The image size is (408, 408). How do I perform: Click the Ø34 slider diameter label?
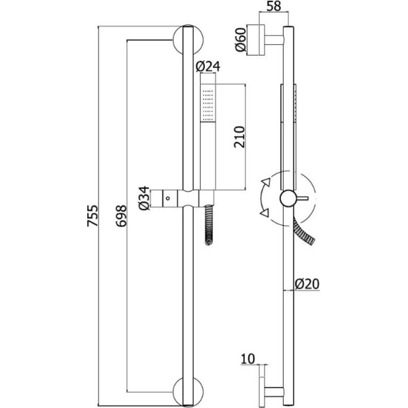144,199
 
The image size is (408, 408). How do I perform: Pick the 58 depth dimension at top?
273,7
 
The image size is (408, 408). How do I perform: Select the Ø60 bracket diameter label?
239,41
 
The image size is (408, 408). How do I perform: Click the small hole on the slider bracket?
167,199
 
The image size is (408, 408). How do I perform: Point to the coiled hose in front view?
207,224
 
